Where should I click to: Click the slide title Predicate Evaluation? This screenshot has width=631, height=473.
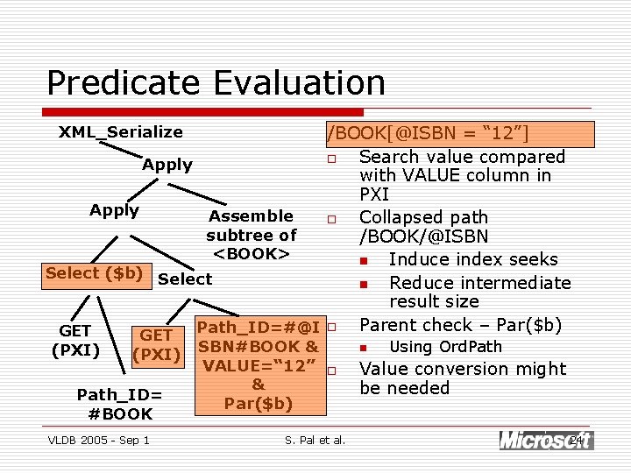pyautogui.click(x=216, y=83)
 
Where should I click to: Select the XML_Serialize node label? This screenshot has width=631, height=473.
pyautogui.click(x=121, y=132)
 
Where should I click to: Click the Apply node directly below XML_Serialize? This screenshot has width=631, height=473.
pyautogui.click(x=167, y=165)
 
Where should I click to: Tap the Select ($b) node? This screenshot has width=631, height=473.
pyautogui.click(x=94, y=273)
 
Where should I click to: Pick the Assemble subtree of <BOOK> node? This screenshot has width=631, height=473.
pyautogui.click(x=251, y=235)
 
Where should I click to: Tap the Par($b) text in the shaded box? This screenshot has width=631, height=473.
pyautogui.click(x=258, y=404)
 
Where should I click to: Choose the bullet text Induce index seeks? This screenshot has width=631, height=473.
pyautogui.click(x=472, y=259)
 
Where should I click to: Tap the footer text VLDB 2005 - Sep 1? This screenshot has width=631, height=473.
pyautogui.click(x=98, y=440)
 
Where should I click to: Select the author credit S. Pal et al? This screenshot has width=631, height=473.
pyautogui.click(x=315, y=440)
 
